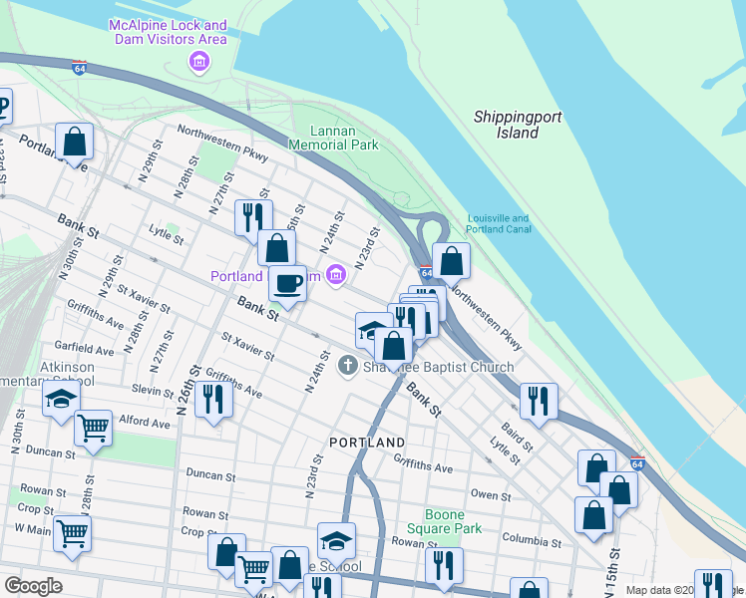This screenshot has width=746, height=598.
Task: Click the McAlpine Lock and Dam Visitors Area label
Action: [169, 32]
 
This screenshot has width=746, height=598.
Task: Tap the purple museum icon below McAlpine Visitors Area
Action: [199, 63]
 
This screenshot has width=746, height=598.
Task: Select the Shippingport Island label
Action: [518, 125]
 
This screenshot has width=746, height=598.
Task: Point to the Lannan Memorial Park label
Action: [333, 138]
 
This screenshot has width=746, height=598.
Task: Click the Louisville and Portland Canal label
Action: [498, 224]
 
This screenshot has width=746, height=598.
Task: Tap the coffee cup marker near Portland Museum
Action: [288, 283]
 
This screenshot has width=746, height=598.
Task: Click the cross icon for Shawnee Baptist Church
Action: [348, 366]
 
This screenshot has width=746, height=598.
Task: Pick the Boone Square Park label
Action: [446, 521]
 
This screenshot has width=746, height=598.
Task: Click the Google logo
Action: [32, 586]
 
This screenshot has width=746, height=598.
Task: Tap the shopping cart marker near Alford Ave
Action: [93, 430]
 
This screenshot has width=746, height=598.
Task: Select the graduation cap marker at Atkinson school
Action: [60, 401]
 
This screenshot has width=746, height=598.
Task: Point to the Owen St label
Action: [490, 494]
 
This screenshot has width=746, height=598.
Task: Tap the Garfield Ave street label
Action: [85, 350]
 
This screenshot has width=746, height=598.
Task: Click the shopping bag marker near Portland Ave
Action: [75, 142]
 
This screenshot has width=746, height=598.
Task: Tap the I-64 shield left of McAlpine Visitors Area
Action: [80, 68]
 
